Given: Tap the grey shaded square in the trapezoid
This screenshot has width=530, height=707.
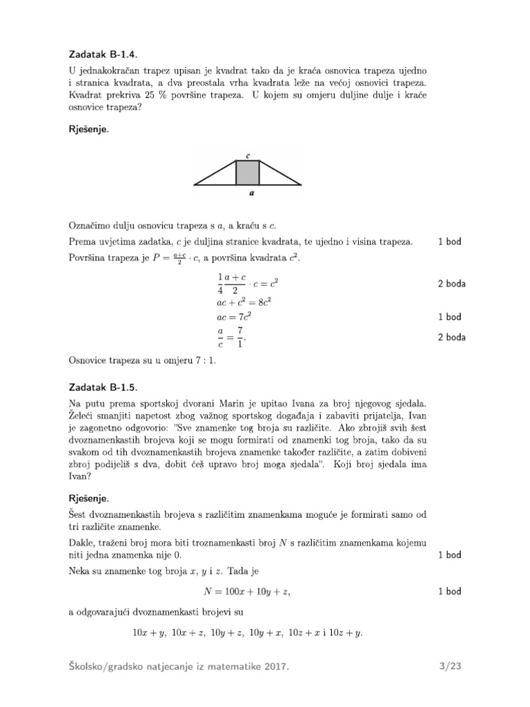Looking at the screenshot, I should point(248,173).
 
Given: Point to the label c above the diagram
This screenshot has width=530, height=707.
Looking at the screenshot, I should point(248,156).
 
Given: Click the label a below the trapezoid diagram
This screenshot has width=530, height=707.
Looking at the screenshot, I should point(251,194).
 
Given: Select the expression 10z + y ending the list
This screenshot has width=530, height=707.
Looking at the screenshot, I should point(347,632).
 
